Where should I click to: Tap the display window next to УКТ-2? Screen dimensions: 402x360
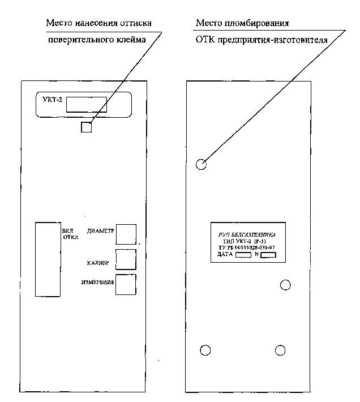86,104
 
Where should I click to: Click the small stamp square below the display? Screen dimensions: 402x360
86,127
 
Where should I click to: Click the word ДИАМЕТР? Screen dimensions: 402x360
101,231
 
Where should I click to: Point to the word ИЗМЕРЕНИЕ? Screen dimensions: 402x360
98,282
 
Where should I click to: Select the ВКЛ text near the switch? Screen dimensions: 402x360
67,230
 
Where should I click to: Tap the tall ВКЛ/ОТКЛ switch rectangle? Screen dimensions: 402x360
47,259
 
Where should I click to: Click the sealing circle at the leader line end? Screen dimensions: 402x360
201,165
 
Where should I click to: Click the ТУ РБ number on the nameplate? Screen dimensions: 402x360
250,248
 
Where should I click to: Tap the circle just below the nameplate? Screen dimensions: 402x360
286,284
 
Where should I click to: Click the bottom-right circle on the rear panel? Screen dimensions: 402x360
280,349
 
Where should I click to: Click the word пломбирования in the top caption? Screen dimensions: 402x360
262,24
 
